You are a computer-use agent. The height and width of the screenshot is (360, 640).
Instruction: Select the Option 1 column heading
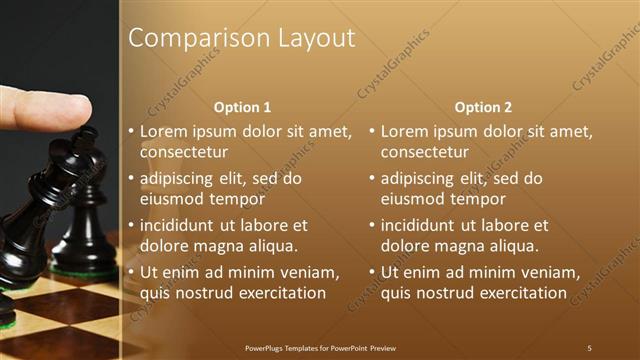tap(243, 107)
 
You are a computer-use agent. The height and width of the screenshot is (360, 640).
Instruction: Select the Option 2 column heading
tap(484, 107)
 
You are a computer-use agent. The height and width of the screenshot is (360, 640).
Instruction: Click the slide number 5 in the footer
tap(589, 348)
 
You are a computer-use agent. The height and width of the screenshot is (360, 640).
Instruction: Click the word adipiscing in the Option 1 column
tap(181, 178)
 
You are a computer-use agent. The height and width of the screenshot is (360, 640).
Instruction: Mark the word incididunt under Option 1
tap(183, 225)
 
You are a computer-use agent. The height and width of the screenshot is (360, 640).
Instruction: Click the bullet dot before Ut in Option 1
tap(130, 273)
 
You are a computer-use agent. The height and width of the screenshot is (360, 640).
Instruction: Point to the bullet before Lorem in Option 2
tap(371, 132)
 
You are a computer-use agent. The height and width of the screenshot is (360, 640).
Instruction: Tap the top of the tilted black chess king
tap(90, 133)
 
